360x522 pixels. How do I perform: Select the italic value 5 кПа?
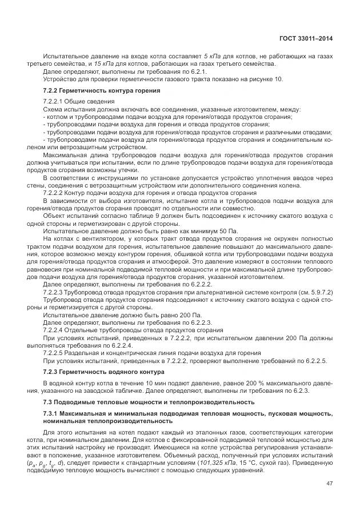212,57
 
